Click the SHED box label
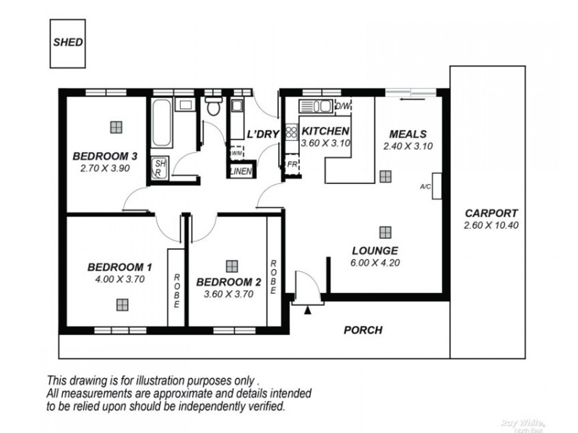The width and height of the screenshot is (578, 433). tap(68, 42)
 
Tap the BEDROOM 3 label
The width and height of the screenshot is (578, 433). tap(105, 156)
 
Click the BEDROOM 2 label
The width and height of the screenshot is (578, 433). tap(228, 281)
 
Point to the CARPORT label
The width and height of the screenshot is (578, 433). tap(491, 214)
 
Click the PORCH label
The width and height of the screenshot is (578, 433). tap(363, 331)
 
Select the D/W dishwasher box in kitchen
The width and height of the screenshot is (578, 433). tap(343, 107)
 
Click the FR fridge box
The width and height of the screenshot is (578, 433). tap(292, 164)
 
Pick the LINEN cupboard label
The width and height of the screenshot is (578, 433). tap(240, 171)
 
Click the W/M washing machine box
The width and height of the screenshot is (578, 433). tap(236, 153)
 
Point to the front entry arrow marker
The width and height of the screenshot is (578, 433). tap(308, 310)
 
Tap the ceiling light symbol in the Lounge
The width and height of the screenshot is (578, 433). tap(384, 232)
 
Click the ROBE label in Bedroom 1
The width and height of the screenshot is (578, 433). tap(176, 289)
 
